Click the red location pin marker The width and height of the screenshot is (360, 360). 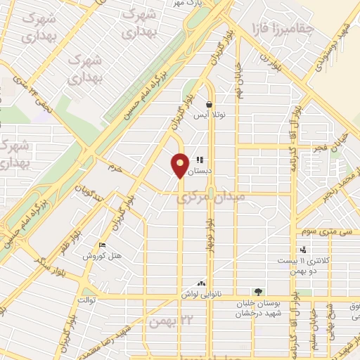point(180,165)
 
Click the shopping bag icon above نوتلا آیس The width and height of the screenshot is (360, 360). point(210,104)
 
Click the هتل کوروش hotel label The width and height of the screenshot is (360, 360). point(102,256)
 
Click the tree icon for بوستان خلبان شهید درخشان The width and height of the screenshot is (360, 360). point(259,292)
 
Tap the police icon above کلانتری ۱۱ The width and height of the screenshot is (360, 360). point(303,250)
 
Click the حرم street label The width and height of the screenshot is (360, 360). point(115,168)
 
